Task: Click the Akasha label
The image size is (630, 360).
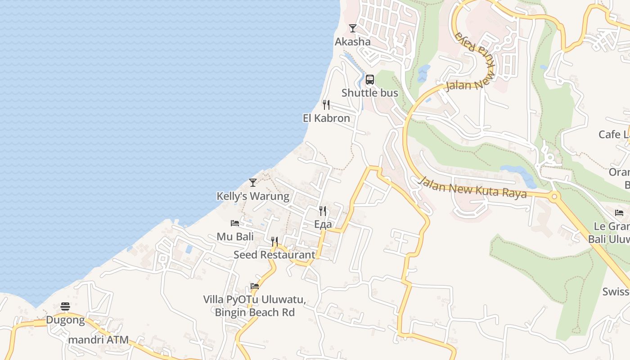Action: click(352, 42)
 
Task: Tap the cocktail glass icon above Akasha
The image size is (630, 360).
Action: click(353, 28)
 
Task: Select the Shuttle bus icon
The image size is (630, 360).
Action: click(370, 80)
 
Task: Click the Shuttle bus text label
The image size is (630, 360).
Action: click(370, 93)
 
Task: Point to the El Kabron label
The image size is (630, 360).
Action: click(326, 118)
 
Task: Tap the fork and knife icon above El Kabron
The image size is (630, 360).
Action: click(326, 105)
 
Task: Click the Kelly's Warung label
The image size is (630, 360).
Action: click(253, 196)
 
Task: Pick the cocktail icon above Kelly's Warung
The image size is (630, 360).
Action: click(253, 183)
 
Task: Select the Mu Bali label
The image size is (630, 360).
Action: click(235, 237)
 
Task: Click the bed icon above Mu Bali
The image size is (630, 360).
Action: click(235, 223)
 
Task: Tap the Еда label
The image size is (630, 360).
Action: click(323, 224)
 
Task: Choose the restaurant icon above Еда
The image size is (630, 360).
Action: click(323, 211)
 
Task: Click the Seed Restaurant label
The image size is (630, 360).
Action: click(274, 255)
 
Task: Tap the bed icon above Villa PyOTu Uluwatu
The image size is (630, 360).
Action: click(255, 286)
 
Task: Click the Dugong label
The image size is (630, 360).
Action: click(65, 320)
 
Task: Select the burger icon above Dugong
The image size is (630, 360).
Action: click(65, 307)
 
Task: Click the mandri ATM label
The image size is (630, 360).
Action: click(98, 340)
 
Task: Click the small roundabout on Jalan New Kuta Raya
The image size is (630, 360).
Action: click(554, 197)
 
